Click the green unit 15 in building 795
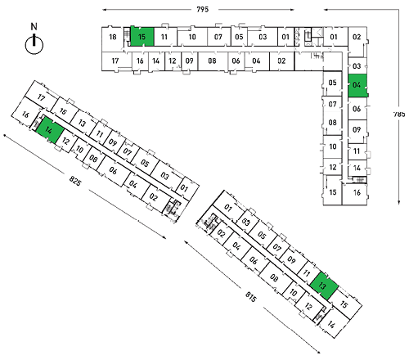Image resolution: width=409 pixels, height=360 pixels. tap(142, 36)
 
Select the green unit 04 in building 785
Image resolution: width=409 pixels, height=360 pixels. tap(357, 85)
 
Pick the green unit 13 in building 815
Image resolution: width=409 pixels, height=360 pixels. tap(324, 286)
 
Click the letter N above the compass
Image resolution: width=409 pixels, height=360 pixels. tap(34, 27)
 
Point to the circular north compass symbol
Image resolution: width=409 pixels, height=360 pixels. tap(34, 45)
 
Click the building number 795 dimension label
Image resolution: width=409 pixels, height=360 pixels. tap(203, 10)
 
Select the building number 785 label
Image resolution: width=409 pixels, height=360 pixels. tap(399, 114)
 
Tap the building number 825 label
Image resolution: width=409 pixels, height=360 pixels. tap(75, 181)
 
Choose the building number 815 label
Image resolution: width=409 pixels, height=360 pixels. tap(251, 297)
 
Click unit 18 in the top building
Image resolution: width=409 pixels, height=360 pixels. tap(112, 38)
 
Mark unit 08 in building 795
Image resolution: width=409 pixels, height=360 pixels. tap(212, 61)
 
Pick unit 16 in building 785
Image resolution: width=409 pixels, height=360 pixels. tap(357, 193)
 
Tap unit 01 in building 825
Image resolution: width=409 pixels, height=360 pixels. tap(185, 188)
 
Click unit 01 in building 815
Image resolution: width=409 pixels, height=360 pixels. tap(228, 208)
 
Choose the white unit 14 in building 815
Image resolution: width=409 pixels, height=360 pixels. tap(331, 325)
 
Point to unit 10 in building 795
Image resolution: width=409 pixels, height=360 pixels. tap(192, 37)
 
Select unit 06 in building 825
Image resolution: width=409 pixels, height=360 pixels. tap(113, 170)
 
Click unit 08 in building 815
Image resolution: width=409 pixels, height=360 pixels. tap(274, 277)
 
